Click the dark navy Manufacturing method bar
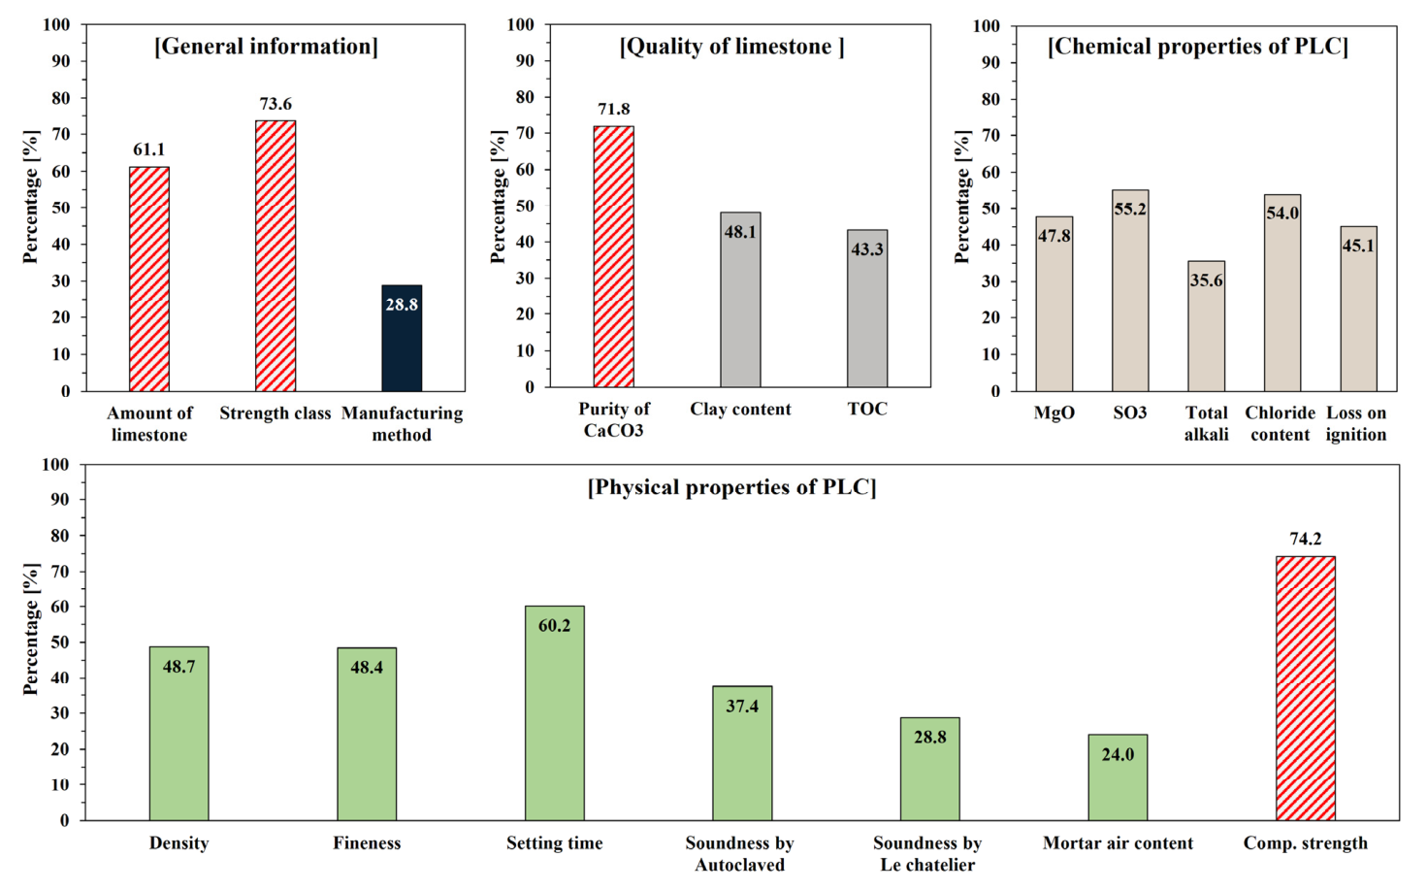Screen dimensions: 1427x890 [402, 338]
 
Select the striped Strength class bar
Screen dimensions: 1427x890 [276, 255]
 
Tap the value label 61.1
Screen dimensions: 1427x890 [149, 149]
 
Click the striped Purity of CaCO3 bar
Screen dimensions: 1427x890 [613, 256]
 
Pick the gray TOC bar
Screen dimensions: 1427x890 [867, 309]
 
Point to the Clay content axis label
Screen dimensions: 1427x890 [740, 410]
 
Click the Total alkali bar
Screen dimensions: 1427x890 [1206, 326]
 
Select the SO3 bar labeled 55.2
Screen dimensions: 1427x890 [1130, 290]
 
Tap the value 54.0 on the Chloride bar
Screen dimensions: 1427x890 [1282, 213]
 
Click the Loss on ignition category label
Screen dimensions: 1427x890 [1356, 424]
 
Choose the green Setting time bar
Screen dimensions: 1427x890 [554, 712]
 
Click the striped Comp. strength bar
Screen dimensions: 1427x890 [1306, 688]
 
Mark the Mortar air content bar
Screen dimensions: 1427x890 [1118, 777]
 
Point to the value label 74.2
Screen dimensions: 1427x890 [1306, 540]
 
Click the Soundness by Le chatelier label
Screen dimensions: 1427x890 [927, 854]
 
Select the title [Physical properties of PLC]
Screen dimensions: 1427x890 [731, 488]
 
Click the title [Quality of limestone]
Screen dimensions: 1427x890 [732, 47]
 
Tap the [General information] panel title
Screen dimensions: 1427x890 [266, 47]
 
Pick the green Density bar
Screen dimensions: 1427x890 [179, 733]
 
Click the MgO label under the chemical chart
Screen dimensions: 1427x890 [1054, 413]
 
